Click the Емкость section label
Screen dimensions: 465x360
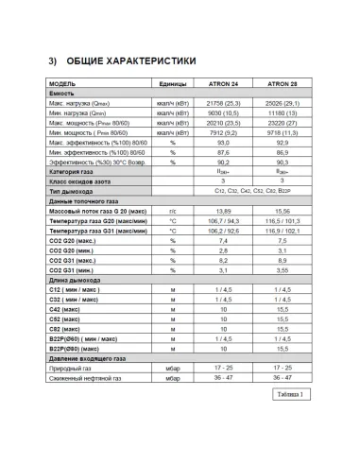(62, 94)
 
